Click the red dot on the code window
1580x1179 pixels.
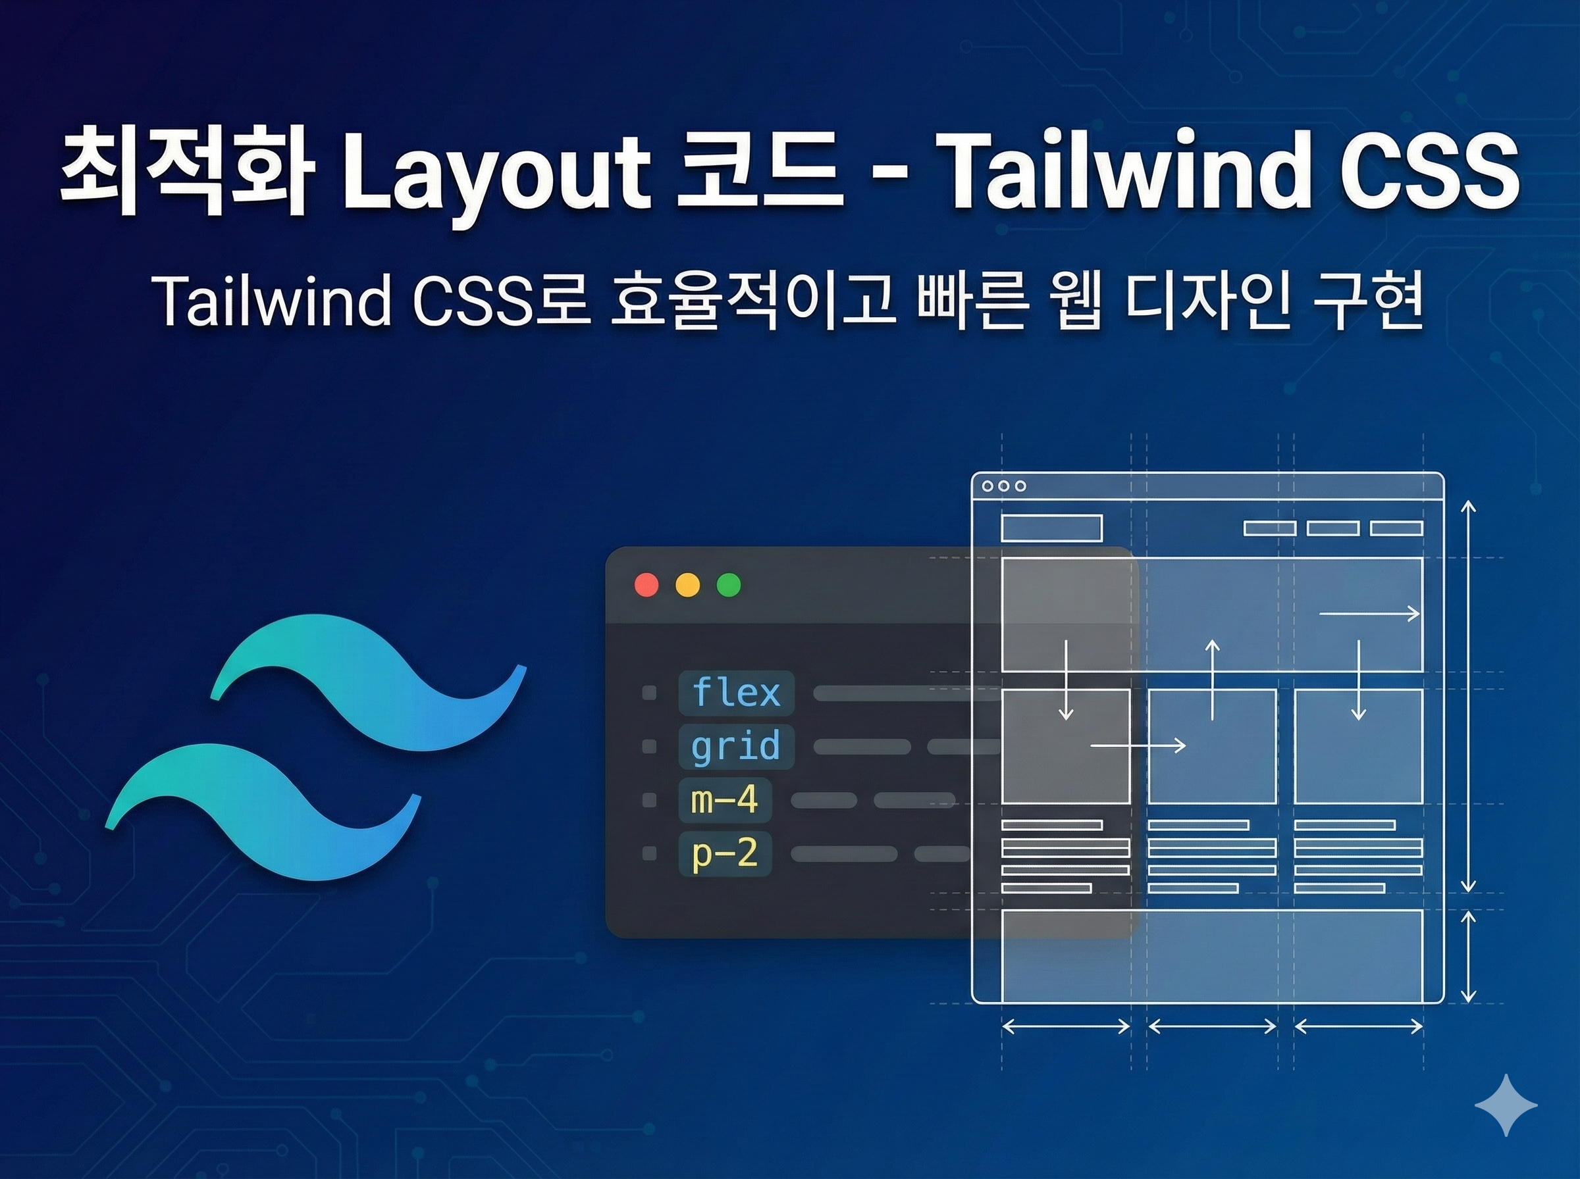(647, 584)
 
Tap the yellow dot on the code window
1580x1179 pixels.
(687, 584)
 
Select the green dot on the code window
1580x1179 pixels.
(728, 584)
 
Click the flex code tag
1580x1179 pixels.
(736, 692)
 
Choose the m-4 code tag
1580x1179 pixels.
(725, 800)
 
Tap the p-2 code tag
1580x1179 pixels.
(725, 853)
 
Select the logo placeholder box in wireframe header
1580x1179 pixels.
(1051, 528)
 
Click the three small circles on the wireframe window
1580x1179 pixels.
(1004, 486)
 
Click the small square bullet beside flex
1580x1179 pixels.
(649, 692)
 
